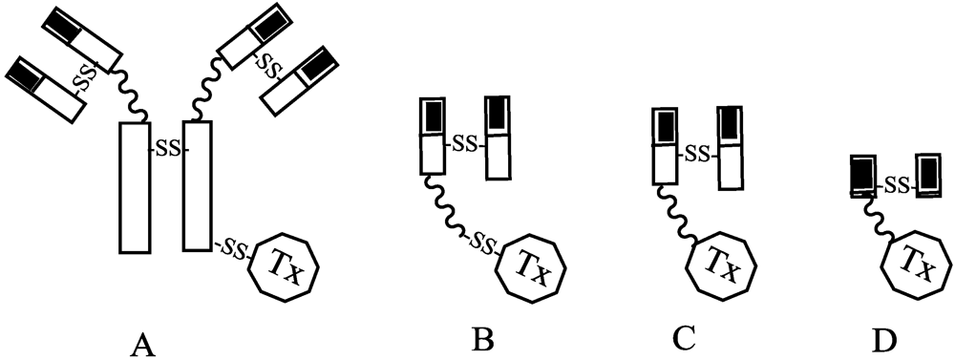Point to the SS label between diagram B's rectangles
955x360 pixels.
point(465,145)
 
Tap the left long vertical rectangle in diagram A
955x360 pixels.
point(134,186)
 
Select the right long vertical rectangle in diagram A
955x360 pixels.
point(196,186)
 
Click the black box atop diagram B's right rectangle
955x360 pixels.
point(498,115)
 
